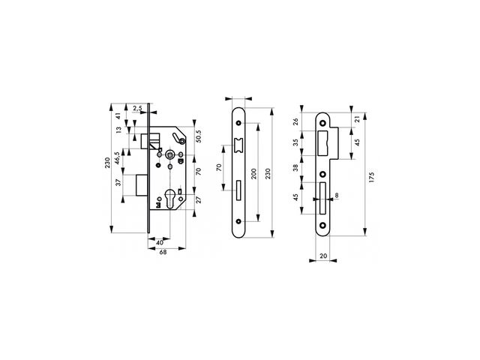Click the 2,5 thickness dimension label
point(138,108)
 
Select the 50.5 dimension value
point(198,136)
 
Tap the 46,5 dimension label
point(117,158)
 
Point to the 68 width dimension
point(163,253)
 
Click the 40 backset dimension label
point(160,243)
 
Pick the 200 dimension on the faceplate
point(253,173)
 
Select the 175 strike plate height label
point(372,178)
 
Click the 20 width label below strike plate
point(323,256)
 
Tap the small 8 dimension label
point(337,195)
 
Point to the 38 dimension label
point(295,168)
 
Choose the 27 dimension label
point(198,200)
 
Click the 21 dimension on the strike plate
point(357,119)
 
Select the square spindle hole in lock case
point(169,155)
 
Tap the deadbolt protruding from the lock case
point(142,185)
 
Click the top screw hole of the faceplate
point(238,123)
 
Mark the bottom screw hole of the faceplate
point(238,221)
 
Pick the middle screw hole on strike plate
point(322,174)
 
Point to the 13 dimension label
point(118,130)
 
